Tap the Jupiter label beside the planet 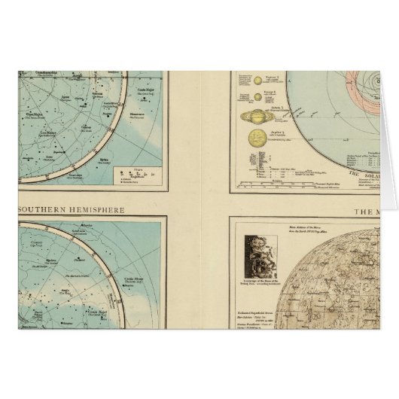point(269,136)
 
